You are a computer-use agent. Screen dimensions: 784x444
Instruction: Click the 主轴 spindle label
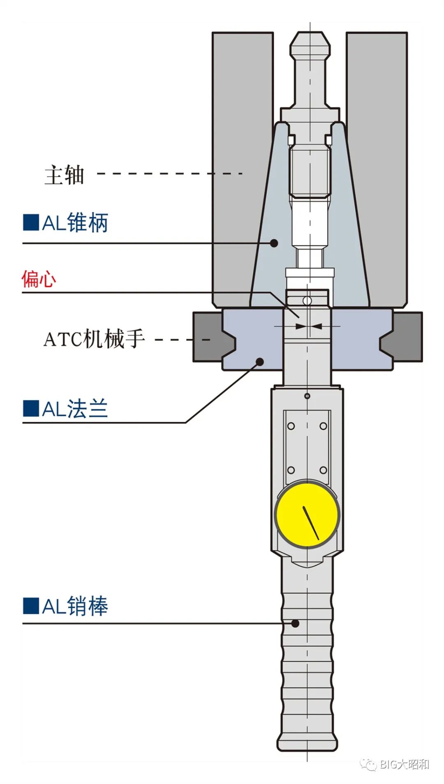[64, 175]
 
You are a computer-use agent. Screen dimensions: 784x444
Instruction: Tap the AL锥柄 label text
[75, 223]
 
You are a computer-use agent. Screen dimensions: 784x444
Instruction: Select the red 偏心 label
[39, 279]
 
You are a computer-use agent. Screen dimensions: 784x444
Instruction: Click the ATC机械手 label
[94, 339]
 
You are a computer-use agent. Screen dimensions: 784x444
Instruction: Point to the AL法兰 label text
[75, 409]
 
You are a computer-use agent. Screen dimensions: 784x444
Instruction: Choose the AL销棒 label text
[75, 606]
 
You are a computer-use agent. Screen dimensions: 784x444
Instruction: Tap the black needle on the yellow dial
[311, 523]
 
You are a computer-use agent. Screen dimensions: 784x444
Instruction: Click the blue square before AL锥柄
[31, 222]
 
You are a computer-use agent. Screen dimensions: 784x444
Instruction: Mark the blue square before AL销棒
[31, 606]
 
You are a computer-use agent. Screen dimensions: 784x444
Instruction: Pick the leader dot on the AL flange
[260, 361]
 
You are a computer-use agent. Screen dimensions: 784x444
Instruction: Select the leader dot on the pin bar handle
[295, 623]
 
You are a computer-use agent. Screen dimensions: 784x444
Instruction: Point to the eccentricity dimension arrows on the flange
[308, 326]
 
